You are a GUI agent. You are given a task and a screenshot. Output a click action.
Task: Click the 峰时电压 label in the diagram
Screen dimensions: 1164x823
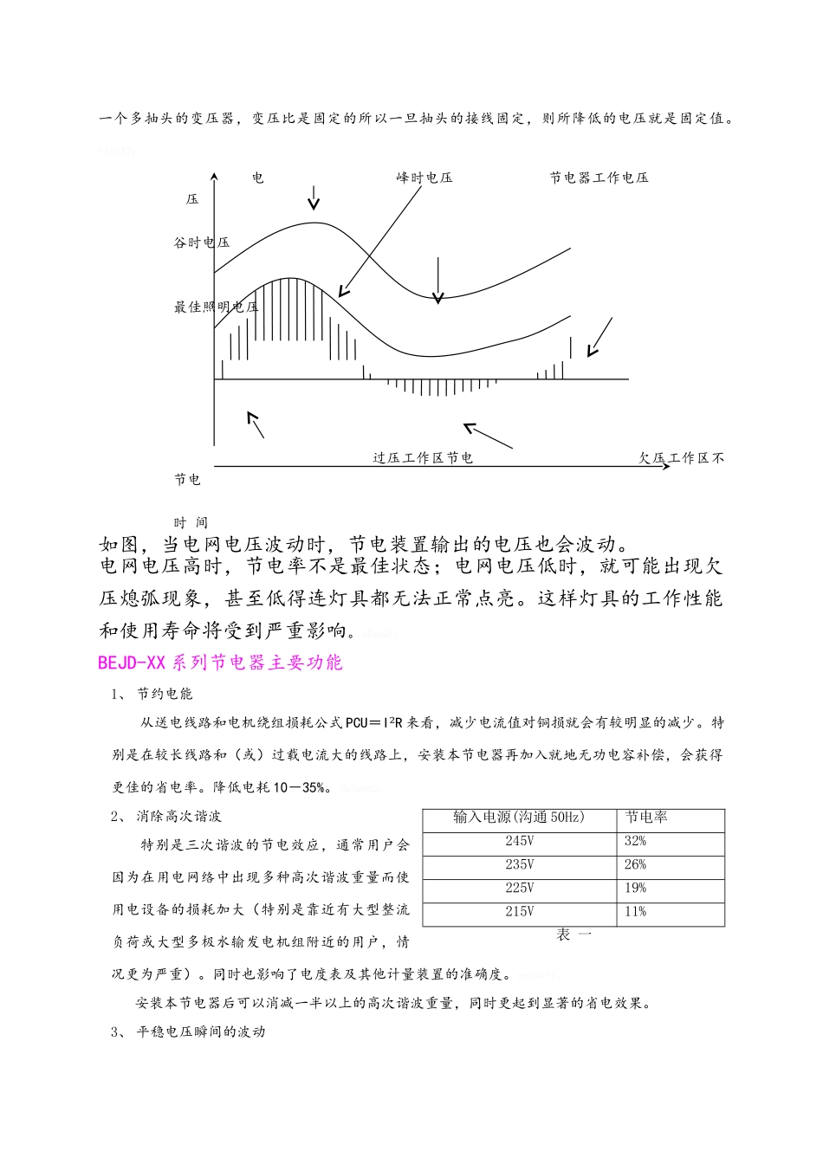(424, 178)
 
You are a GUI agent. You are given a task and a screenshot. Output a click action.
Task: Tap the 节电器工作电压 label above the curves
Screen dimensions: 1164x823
(599, 178)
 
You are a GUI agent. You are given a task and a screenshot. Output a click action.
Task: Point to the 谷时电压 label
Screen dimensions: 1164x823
(202, 242)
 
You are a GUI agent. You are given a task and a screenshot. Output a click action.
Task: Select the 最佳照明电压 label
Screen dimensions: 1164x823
(216, 307)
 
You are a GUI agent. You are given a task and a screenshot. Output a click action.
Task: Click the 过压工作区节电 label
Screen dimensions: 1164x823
(423, 458)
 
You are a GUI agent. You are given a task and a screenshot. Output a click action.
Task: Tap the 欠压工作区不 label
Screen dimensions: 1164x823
(682, 458)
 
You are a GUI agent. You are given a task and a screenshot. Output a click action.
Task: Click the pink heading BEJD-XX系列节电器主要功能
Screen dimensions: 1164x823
(220, 663)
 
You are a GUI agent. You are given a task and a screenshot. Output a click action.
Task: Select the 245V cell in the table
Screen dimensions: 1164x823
(520, 841)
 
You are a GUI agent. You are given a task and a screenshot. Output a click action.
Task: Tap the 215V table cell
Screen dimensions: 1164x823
(520, 911)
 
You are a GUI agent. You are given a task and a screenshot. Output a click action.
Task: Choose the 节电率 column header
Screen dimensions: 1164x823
(646, 818)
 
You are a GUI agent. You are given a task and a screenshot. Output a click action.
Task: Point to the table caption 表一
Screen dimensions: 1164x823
(574, 935)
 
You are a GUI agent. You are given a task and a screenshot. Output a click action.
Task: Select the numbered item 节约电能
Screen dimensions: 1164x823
(165, 694)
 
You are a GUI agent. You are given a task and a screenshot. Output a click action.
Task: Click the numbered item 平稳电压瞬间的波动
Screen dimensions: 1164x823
(200, 1032)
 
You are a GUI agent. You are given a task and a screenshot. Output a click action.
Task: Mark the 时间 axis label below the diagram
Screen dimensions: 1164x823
(191, 522)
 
